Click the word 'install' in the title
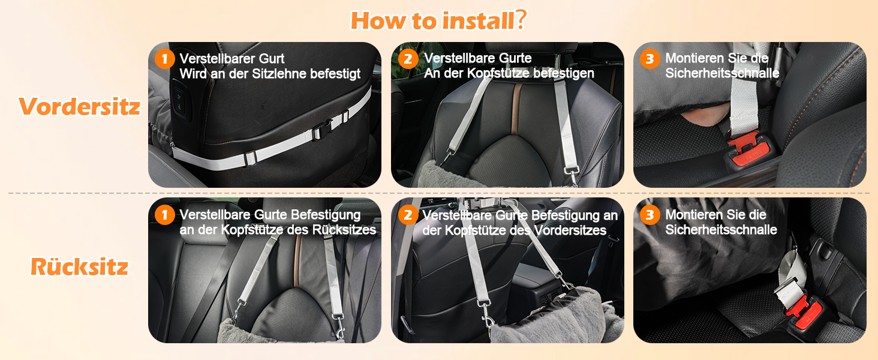[478, 20]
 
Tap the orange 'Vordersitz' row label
[80, 106]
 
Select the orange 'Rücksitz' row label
[80, 266]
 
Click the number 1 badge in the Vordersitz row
[164, 59]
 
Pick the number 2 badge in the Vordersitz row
[408, 59]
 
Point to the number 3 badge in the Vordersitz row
[650, 59]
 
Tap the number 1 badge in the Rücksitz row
[164, 215]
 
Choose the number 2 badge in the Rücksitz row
[408, 215]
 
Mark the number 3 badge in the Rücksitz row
[650, 215]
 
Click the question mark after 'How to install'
[521, 20]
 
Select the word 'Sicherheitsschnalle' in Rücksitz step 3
[721, 230]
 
